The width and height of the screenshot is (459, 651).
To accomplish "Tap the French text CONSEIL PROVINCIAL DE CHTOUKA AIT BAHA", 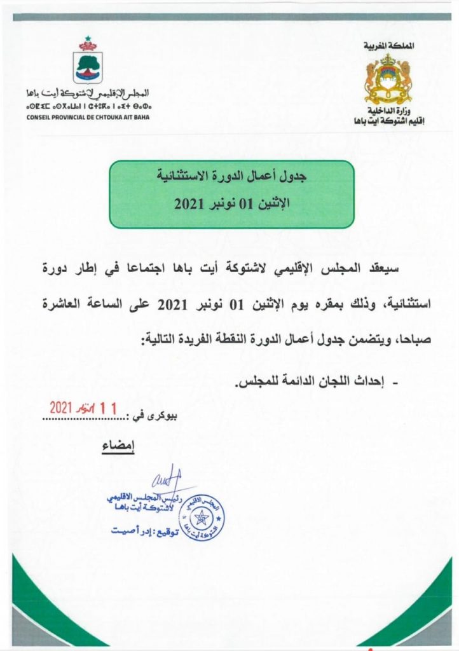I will point(88,117).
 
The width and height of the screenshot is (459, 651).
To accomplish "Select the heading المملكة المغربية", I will point(388,46).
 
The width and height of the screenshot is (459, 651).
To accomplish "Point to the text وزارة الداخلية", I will point(388,111).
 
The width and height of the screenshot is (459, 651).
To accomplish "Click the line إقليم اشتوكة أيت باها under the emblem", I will point(388,121).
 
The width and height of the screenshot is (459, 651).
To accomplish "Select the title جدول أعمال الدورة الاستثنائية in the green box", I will point(232,179).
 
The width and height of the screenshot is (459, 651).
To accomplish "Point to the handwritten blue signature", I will point(167,482).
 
